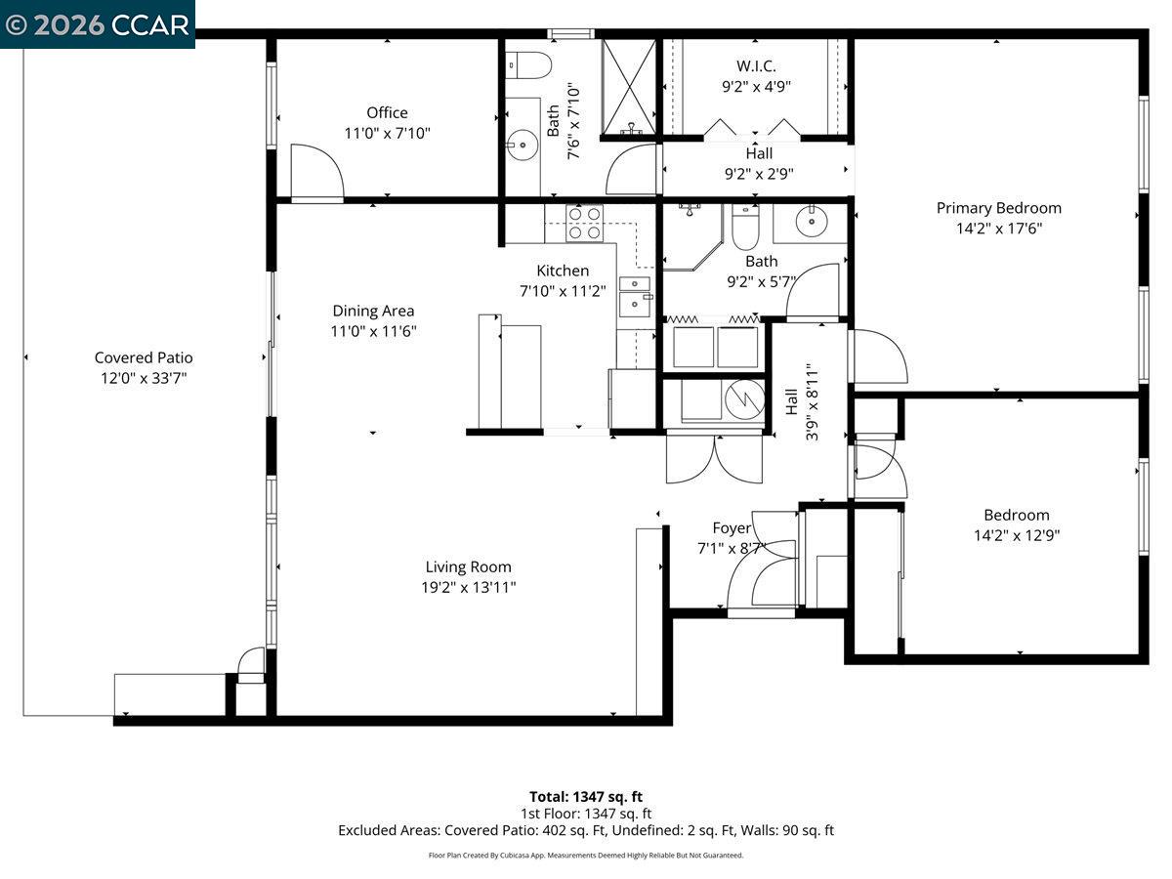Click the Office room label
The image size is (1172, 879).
pos(387,112)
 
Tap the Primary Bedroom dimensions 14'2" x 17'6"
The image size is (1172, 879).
pos(998,229)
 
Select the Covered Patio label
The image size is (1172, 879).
pos(144,357)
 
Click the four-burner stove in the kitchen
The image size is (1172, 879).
pos(584,224)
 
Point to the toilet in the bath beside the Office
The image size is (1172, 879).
pos(528,65)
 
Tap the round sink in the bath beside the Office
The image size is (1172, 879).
pos(523,145)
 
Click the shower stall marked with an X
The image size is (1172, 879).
pos(629,87)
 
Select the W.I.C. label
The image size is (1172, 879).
pos(756,66)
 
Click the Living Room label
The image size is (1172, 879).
pos(468,566)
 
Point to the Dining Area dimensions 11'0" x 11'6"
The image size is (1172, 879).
pos(373,331)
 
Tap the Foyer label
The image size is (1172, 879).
pos(732,528)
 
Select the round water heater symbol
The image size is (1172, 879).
pos(744,399)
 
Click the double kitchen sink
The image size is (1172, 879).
pos(634,297)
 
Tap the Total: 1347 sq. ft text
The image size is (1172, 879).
pos(586,797)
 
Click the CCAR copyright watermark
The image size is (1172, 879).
pos(97,25)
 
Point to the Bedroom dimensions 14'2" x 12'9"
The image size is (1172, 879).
pos(1017,535)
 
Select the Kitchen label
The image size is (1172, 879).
pos(563,271)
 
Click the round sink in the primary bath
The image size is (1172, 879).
pos(811,221)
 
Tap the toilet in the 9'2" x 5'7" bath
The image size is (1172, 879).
pos(745,227)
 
